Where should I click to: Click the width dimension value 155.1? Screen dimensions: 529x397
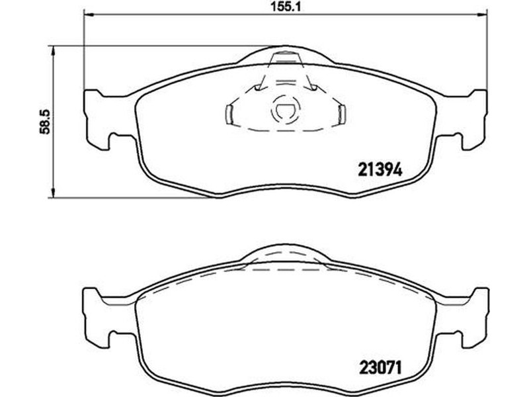[286, 6]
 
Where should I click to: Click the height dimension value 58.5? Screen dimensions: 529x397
[44, 122]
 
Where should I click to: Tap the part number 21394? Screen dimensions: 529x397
[380, 169]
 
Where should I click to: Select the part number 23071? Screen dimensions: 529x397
[380, 368]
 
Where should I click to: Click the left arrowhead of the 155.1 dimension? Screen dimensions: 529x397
[88, 14]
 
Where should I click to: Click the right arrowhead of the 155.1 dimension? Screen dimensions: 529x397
[483, 14]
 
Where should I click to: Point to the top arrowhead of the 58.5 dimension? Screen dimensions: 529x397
[52, 52]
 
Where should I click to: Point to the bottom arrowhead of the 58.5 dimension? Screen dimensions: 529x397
[52, 193]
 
